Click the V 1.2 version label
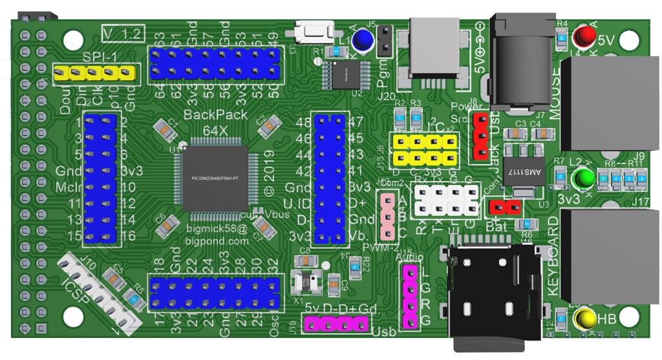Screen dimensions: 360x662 click(x=123, y=32)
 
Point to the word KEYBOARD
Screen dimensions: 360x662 click(x=553, y=257)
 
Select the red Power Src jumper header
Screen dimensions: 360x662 click(x=480, y=135)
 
